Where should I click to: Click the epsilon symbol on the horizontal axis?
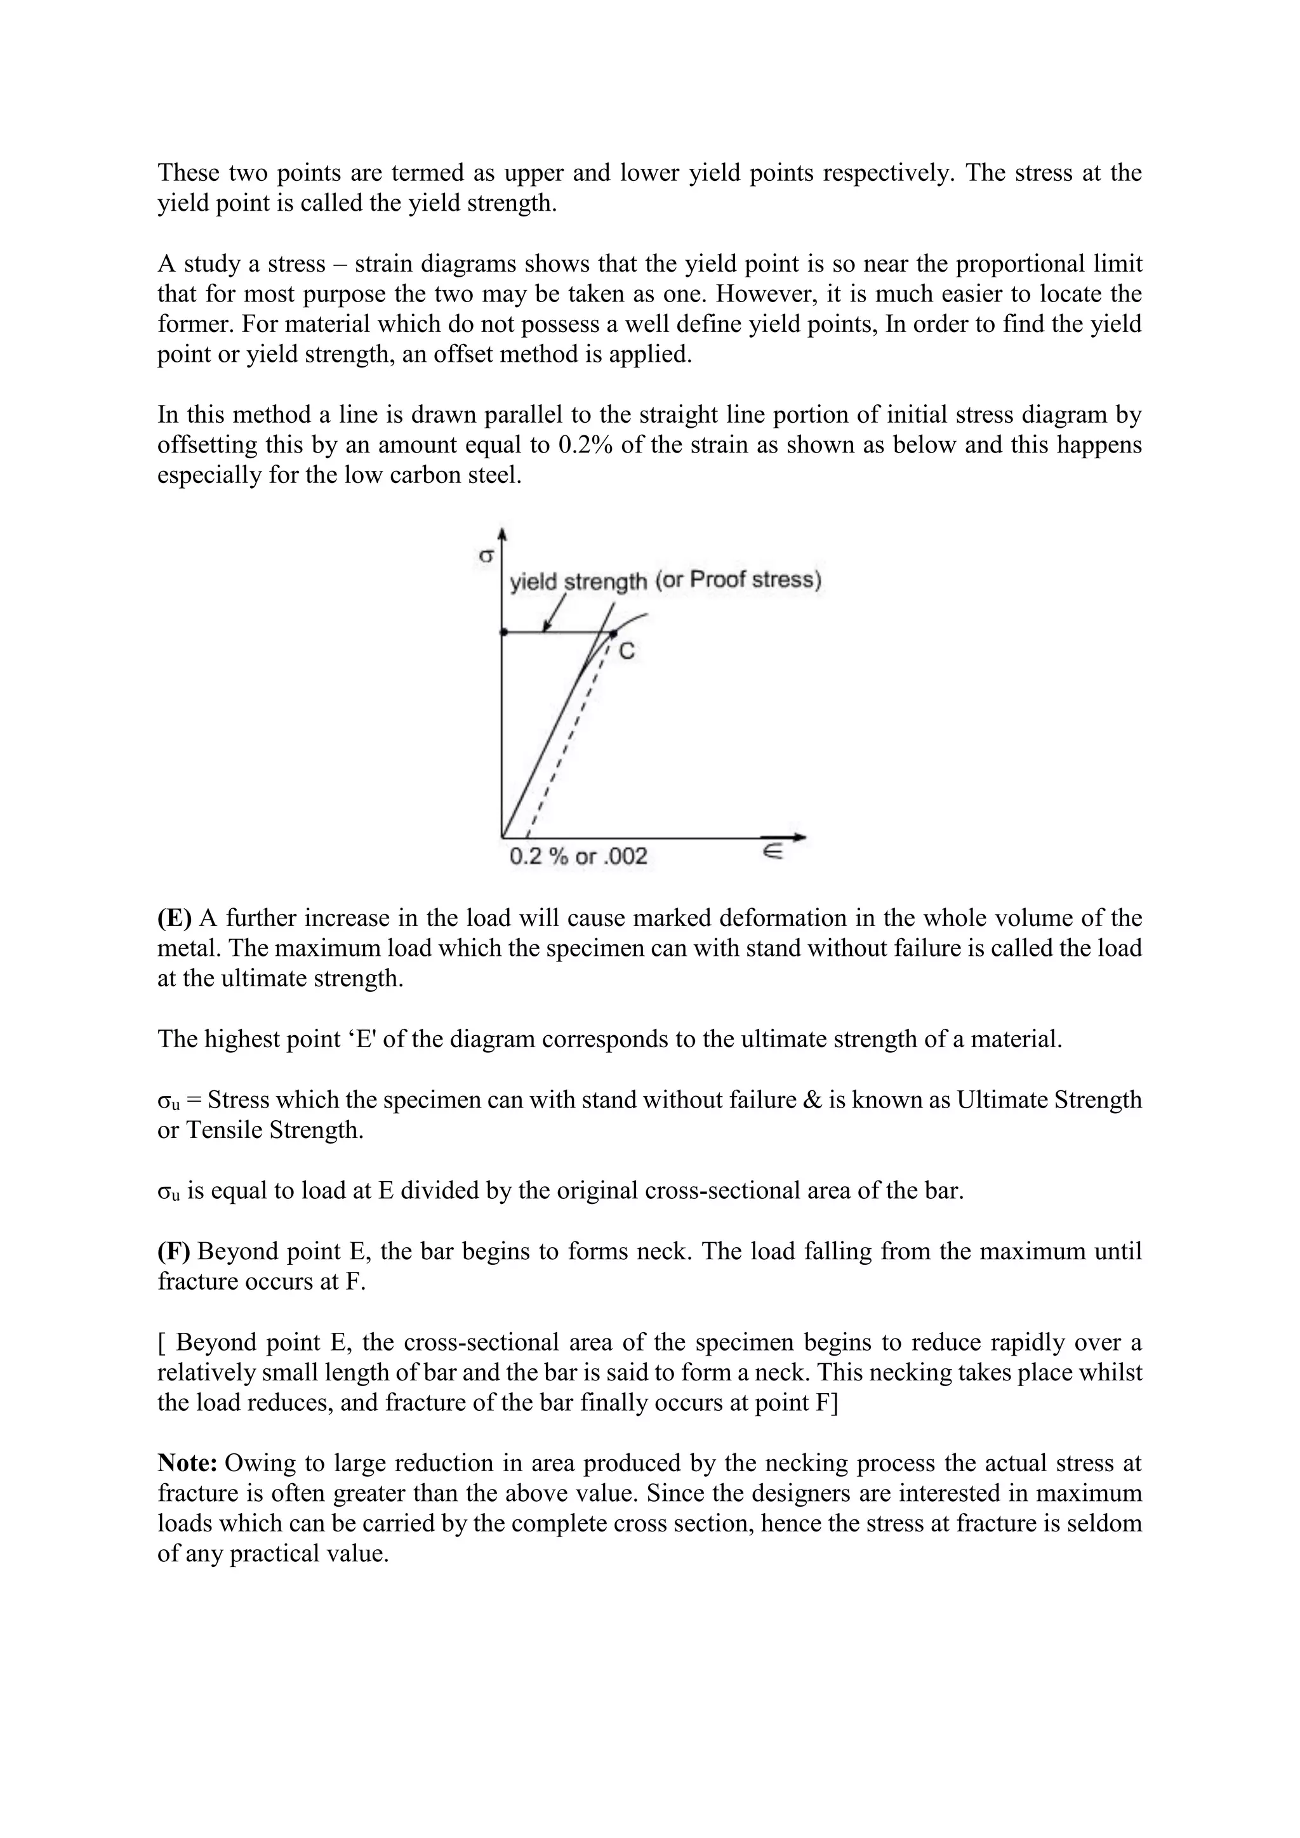(772, 854)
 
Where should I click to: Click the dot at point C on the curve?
(613, 633)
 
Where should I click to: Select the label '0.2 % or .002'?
(578, 857)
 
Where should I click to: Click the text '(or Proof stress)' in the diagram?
(738, 579)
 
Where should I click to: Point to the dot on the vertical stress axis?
(503, 632)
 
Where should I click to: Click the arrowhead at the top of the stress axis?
(502, 534)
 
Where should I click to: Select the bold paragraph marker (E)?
(174, 918)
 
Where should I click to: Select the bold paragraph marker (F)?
(174, 1251)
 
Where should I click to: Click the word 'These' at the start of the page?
(188, 173)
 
